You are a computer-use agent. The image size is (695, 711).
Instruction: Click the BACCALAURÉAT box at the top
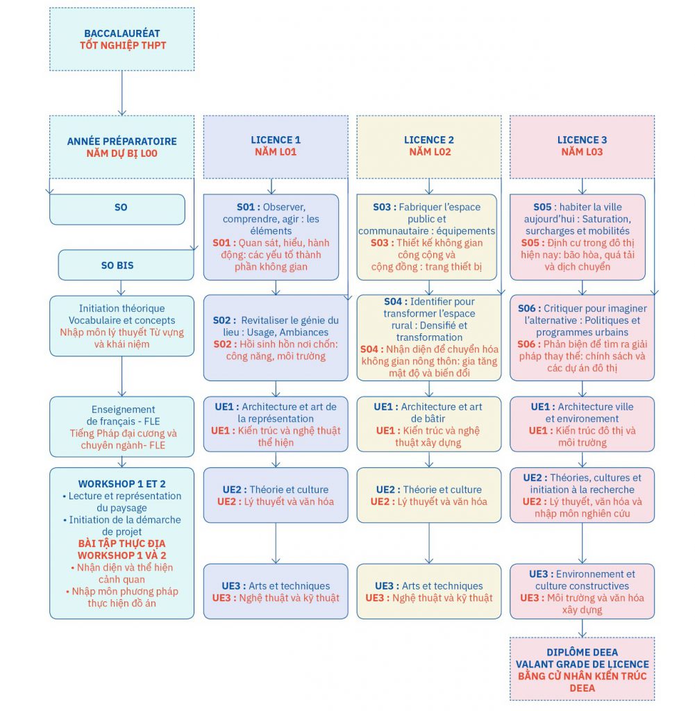122,39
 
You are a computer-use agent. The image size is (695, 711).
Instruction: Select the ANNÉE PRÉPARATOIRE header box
122,147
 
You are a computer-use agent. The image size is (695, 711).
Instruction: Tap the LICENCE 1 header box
276,147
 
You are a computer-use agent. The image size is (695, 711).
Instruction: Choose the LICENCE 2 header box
429,147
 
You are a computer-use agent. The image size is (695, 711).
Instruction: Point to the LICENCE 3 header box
582,147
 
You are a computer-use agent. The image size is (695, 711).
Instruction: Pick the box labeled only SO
117,210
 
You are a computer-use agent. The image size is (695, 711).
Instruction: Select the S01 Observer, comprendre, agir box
271,237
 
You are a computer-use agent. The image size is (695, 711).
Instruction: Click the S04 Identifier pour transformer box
429,338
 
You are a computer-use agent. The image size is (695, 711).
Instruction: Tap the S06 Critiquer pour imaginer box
582,338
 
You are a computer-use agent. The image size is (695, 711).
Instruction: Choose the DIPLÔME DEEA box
582,669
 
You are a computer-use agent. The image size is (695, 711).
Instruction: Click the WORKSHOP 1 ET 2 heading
122,484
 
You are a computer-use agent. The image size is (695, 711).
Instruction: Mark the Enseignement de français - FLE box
122,427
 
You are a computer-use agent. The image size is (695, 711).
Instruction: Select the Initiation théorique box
122,326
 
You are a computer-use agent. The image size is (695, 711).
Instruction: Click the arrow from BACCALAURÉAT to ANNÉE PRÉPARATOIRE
122,93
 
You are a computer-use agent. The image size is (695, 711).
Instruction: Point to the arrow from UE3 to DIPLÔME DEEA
583,628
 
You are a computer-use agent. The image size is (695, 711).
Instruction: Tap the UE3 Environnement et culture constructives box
582,592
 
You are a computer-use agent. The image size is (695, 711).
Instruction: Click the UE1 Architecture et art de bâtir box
429,424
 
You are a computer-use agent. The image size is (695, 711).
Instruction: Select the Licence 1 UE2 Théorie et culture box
276,495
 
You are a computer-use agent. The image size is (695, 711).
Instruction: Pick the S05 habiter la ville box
578,237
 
